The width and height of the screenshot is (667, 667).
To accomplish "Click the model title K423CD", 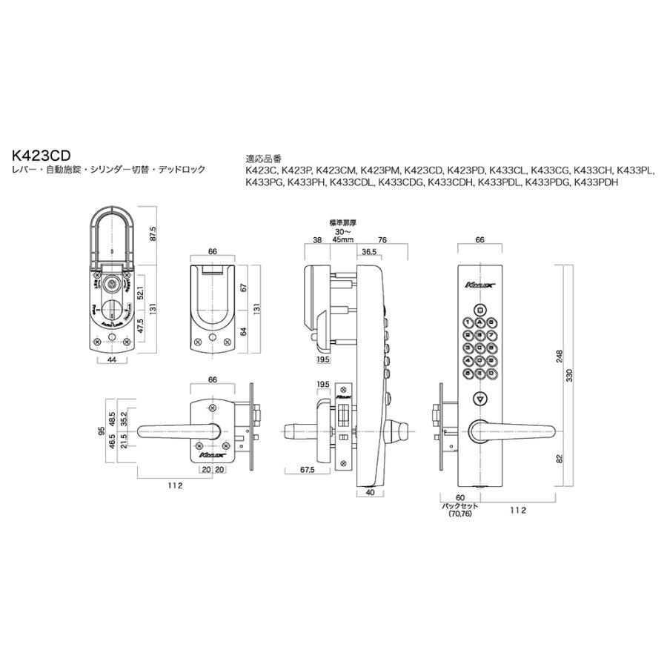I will pyautogui.click(x=42, y=157).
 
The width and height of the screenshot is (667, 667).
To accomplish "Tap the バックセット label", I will pyautogui.click(x=460, y=507).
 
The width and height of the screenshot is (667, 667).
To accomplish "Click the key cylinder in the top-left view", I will pyautogui.click(x=110, y=284).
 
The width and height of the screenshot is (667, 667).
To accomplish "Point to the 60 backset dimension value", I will pyautogui.click(x=459, y=499).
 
